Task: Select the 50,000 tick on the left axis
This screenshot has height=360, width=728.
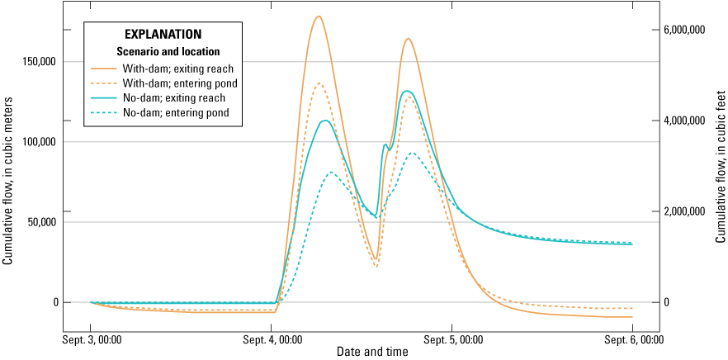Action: [42, 222]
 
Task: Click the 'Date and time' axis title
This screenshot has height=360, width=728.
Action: [372, 352]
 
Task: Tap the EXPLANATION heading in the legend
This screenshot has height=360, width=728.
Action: [163, 35]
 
